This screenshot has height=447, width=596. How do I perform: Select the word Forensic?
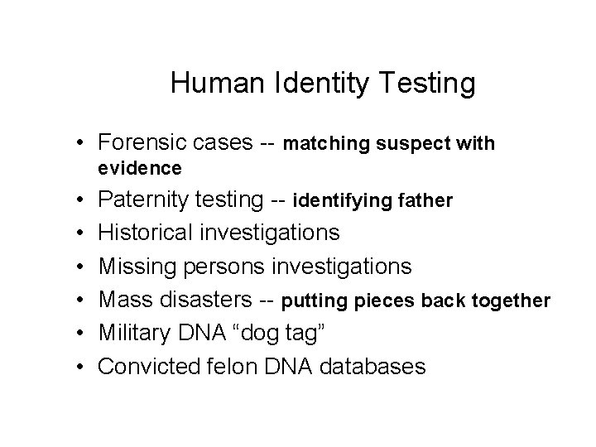pyautogui.click(x=142, y=144)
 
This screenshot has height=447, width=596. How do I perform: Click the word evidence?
pyautogui.click(x=139, y=168)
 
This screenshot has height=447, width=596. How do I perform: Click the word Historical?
pyautogui.click(x=145, y=233)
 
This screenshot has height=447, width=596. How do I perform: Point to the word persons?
pyautogui.click(x=218, y=267)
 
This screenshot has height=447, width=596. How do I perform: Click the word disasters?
pyautogui.click(x=206, y=300)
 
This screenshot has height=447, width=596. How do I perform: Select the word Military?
pyautogui.click(x=133, y=333)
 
